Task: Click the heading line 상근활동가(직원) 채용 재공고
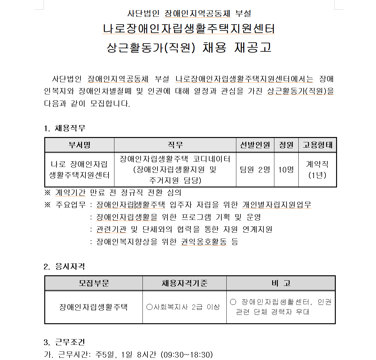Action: [x=189, y=48]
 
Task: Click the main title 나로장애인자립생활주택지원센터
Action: [x=189, y=29]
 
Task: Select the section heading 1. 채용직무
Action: [x=65, y=128]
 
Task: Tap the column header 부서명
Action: [x=80, y=145]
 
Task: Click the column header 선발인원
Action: [x=255, y=145]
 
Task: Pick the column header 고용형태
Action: [x=317, y=145]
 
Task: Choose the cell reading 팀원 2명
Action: [x=255, y=170]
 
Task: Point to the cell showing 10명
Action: [x=286, y=170]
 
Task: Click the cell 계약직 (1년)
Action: [x=317, y=170]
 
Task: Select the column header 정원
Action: [x=286, y=145]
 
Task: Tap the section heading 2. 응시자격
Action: [x=64, y=267]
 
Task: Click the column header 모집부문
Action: [x=94, y=283]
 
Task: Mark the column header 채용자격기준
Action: [x=184, y=283]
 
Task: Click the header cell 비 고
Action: [x=281, y=283]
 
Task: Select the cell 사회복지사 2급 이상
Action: [x=184, y=307]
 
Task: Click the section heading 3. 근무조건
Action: [x=64, y=342]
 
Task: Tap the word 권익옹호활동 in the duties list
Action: [x=204, y=242]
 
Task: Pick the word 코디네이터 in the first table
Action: [x=212, y=159]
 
